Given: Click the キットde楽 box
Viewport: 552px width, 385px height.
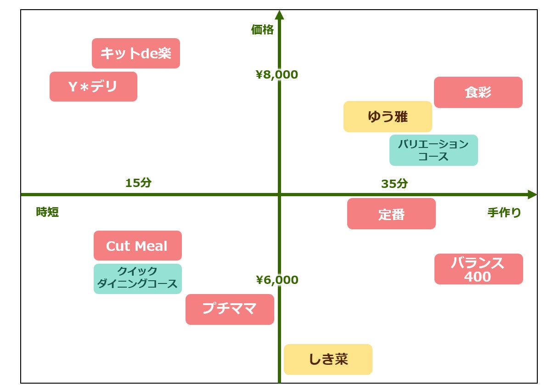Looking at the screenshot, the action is [x=135, y=53].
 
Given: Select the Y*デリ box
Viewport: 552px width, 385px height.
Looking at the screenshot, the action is [x=93, y=86].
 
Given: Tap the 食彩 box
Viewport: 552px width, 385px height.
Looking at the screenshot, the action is [x=478, y=92].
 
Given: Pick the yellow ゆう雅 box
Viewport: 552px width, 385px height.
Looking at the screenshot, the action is [x=388, y=117].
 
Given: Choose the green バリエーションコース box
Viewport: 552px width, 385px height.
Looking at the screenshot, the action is [x=434, y=150].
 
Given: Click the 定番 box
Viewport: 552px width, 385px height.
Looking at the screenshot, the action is [x=391, y=214].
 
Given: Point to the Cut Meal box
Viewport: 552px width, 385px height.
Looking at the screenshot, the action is [x=137, y=246].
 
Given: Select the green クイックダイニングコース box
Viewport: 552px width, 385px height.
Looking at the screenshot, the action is [x=137, y=278].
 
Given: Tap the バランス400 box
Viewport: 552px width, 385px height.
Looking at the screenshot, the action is [x=479, y=269].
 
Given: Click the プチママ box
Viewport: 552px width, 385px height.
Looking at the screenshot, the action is [x=230, y=309].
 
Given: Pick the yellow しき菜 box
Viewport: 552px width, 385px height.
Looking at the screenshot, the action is [x=328, y=359].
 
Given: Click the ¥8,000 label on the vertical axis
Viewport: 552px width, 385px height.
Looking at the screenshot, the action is [x=277, y=74].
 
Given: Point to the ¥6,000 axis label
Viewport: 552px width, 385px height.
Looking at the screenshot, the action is [x=277, y=280].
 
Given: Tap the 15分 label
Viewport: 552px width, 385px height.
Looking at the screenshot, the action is [x=138, y=183].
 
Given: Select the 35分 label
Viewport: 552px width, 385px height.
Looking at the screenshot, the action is [x=394, y=184].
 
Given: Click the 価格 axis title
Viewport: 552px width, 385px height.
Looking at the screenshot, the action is [x=262, y=30].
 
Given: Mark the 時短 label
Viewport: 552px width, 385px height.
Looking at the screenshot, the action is [x=47, y=212].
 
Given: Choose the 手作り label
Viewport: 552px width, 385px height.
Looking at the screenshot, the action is [x=504, y=213].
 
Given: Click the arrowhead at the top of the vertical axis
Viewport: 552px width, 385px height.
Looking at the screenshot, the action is [x=279, y=15].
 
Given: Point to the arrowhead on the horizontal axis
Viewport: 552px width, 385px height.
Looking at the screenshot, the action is [x=532, y=194].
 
